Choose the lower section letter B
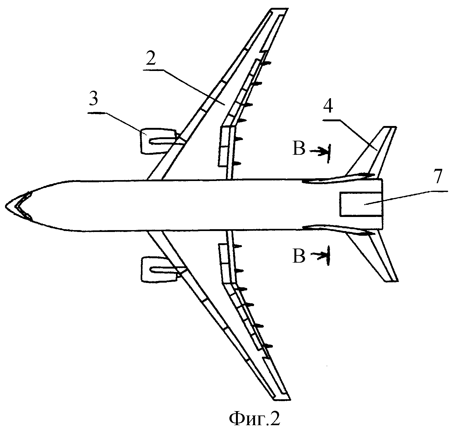pos(298,256)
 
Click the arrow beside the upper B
pos(319,151)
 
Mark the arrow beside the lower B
pos(319,255)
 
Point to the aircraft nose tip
pos(6,205)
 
